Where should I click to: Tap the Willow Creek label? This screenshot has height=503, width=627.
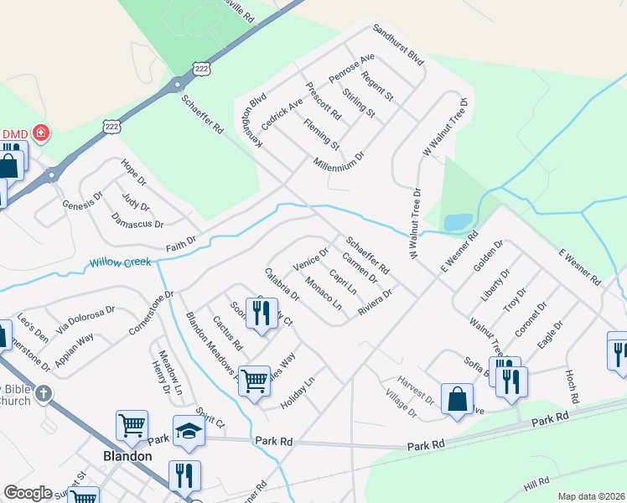(x=121, y=263)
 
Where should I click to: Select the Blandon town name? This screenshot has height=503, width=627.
(x=127, y=456)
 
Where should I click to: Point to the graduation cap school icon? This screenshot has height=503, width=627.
(x=189, y=431)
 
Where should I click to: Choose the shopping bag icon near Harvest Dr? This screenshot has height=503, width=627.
(x=458, y=400)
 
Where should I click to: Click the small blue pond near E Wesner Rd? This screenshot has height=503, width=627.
(x=457, y=222)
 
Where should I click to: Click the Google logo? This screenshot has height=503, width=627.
(x=28, y=493)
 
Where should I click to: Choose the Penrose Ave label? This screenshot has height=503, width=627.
(x=351, y=73)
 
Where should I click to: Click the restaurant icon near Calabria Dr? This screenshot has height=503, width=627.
(x=262, y=315)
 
